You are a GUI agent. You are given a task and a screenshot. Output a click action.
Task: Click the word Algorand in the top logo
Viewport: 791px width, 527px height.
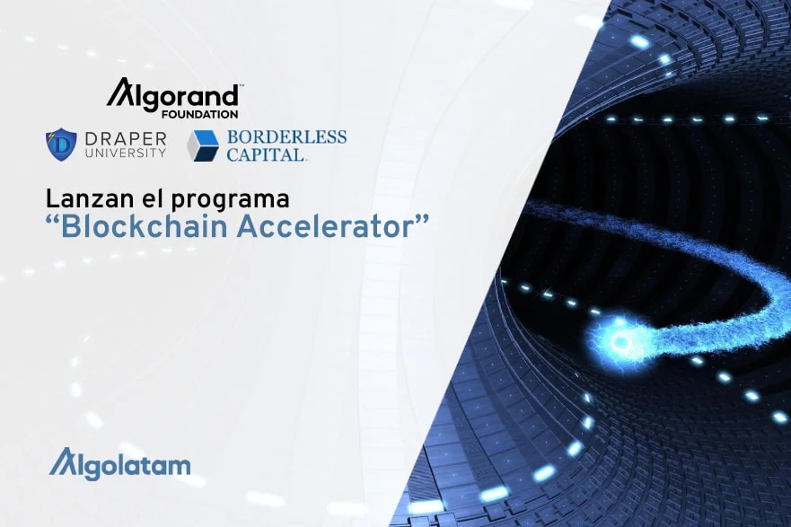point(172,93)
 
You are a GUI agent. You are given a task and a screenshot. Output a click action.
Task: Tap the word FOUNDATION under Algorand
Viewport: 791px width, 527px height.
point(199,115)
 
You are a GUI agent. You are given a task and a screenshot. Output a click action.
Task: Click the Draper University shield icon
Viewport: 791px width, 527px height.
point(61,145)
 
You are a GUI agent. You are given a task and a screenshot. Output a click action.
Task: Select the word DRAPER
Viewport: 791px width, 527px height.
point(126,138)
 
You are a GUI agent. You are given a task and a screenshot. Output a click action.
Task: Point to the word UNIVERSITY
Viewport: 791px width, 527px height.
point(126,153)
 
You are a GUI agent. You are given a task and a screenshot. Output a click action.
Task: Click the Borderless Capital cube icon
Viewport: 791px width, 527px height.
point(203,145)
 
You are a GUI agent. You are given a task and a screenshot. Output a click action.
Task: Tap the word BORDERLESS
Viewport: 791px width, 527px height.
point(286,137)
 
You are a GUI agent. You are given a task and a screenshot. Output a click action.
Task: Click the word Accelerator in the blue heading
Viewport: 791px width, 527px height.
point(325,227)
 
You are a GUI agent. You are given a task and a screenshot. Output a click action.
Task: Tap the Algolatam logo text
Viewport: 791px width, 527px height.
point(120,464)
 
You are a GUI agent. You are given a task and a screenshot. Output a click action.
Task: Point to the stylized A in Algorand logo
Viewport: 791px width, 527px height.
point(119,92)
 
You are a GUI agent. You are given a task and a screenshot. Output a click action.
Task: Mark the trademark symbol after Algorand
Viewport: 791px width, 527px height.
point(242,86)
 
